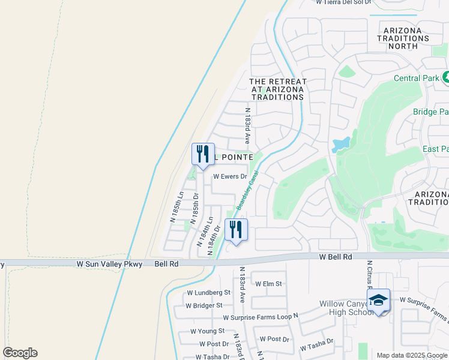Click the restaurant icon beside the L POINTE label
(x=203, y=153)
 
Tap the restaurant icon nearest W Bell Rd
(x=236, y=229)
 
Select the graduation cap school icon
(x=379, y=301)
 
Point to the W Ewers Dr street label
(x=231, y=176)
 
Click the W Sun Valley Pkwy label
(x=110, y=264)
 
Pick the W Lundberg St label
(x=208, y=293)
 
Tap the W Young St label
(x=207, y=331)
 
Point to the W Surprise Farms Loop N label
(x=260, y=317)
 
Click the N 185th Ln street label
(x=178, y=205)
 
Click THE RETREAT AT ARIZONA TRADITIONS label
(x=277, y=89)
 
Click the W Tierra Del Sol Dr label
(x=345, y=2)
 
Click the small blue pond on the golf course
(x=340, y=144)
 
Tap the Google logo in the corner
(x=20, y=353)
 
